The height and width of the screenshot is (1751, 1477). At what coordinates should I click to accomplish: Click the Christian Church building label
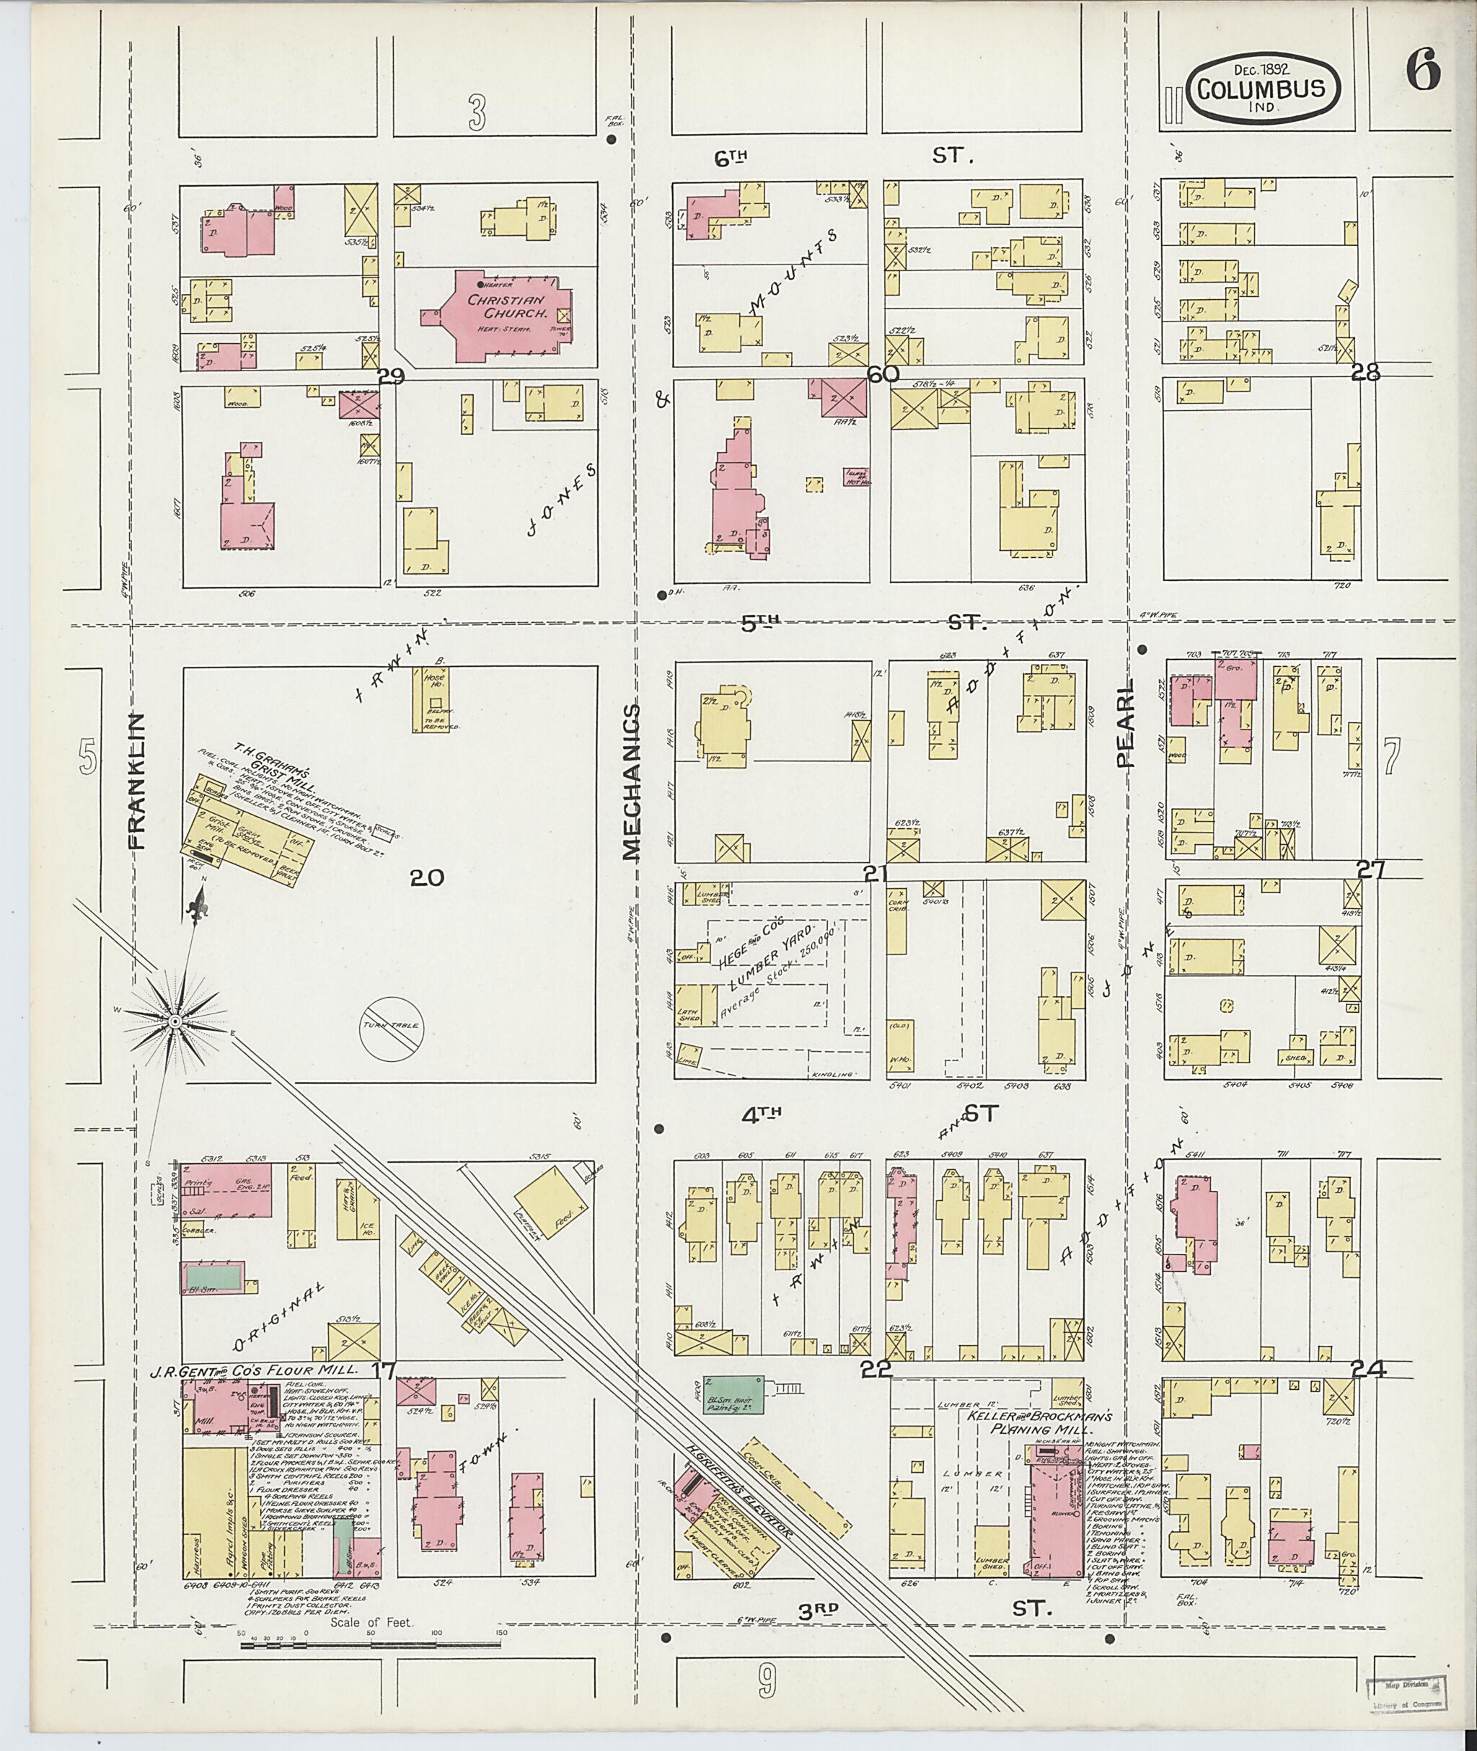[506, 306]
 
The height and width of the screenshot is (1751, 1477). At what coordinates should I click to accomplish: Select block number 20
[426, 877]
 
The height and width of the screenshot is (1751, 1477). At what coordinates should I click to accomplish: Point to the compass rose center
[175, 1022]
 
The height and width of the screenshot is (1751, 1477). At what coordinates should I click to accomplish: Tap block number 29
[391, 376]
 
